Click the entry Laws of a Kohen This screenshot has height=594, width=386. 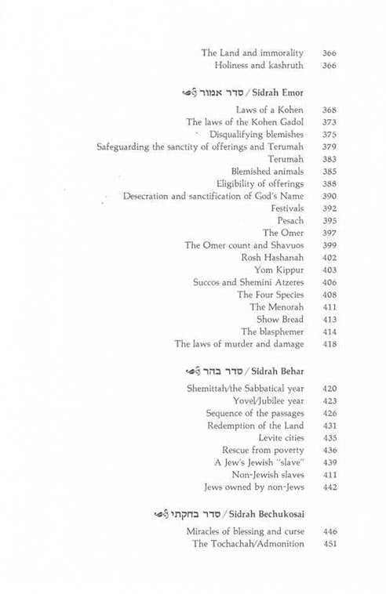[x=269, y=110]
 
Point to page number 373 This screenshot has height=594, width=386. [x=330, y=123]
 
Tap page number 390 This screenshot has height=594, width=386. [x=330, y=195]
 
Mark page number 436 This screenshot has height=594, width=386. [x=330, y=450]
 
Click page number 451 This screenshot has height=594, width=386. [x=330, y=544]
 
